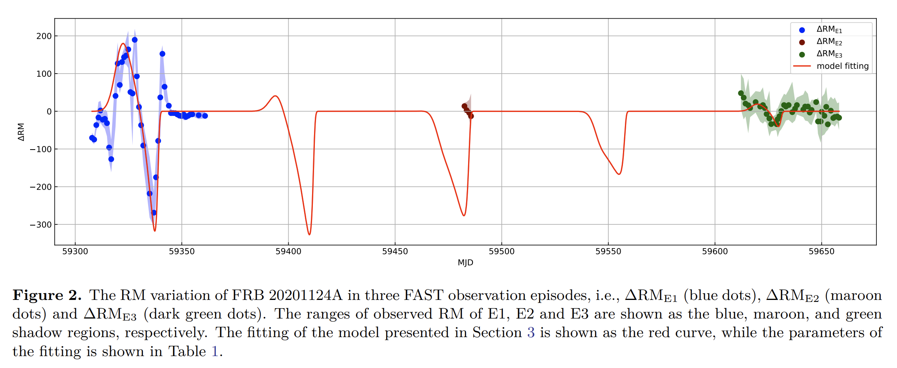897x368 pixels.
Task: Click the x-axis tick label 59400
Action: tap(288, 251)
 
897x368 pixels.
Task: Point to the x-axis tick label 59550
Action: tap(608, 251)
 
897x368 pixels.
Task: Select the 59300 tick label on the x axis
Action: tap(75, 251)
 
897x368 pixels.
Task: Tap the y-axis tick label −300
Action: tap(41, 225)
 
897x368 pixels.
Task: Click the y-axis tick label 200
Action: tap(44, 36)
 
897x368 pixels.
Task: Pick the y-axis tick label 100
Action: tap(44, 74)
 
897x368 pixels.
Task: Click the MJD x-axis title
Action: tap(465, 263)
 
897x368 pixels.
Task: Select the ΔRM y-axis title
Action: tap(21, 132)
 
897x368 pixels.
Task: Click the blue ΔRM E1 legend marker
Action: tap(802, 30)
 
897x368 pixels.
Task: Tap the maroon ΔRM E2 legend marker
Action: tap(802, 42)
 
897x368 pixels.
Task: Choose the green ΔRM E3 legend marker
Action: tap(802, 55)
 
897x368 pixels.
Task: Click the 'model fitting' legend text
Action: tap(842, 66)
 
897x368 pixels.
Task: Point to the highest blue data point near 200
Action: tap(135, 40)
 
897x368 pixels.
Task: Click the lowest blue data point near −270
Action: tap(154, 213)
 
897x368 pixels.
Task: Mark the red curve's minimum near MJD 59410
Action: tap(309, 235)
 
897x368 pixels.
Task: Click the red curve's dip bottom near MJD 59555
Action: tap(619, 174)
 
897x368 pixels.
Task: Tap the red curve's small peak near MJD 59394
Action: tap(275, 96)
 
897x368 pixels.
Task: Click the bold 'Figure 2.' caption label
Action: tap(47, 296)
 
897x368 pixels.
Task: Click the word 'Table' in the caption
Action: tap(187, 351)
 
